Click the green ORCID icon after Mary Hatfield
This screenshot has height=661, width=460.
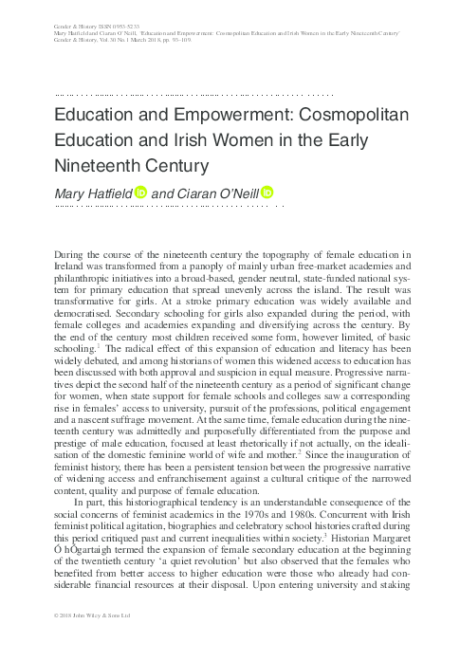tap(139, 193)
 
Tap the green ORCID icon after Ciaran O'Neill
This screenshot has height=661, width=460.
tap(267, 193)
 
